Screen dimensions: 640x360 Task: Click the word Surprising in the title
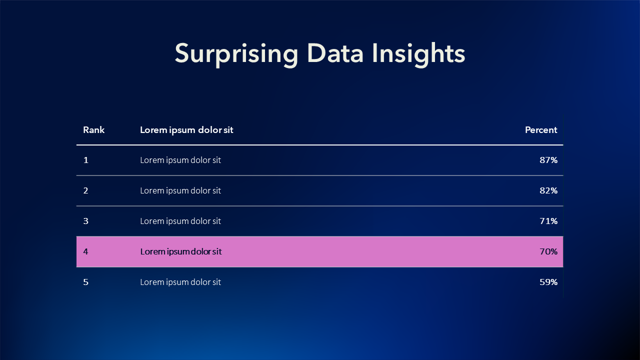(x=236, y=54)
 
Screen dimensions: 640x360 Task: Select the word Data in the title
(x=335, y=53)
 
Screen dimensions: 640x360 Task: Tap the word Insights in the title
(x=418, y=54)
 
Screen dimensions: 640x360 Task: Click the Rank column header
(x=93, y=130)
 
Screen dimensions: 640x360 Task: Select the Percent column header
(x=541, y=130)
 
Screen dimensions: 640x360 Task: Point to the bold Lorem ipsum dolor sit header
(x=186, y=130)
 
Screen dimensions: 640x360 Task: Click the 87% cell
(x=548, y=160)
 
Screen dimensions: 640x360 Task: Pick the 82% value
(x=548, y=190)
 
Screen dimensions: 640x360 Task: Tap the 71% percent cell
(x=548, y=221)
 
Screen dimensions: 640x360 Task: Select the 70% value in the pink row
(x=548, y=251)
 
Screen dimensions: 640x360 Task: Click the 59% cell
(x=548, y=282)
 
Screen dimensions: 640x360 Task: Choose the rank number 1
(x=85, y=160)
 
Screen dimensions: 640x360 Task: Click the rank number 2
(x=85, y=190)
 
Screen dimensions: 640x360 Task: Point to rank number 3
(x=85, y=221)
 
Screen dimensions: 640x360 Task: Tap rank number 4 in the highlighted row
(x=85, y=251)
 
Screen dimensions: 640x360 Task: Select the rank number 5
(x=85, y=282)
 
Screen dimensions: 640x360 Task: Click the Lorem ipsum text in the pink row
(x=181, y=251)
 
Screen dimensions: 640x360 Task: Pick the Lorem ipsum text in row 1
(x=180, y=160)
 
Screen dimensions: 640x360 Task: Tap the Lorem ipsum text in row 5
(x=180, y=282)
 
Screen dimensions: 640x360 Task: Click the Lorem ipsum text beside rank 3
(x=180, y=221)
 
